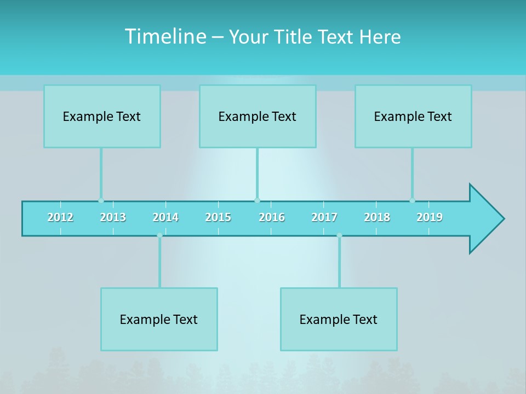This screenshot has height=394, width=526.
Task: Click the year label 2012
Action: click(60, 217)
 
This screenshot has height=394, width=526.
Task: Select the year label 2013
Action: click(113, 217)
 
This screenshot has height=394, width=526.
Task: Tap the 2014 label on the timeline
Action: click(165, 217)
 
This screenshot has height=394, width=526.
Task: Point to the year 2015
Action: click(218, 217)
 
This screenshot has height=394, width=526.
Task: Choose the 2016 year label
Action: click(272, 217)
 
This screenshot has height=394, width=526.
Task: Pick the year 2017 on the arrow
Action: click(324, 217)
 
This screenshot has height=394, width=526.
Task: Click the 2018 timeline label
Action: click(377, 217)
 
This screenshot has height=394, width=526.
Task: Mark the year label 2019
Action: click(430, 217)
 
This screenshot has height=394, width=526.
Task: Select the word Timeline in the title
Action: click(164, 37)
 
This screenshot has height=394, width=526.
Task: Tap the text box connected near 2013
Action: click(102, 116)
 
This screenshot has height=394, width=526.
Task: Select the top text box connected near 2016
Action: click(258, 116)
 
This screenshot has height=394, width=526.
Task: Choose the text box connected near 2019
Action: click(413, 116)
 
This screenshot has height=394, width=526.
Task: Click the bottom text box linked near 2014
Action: click(159, 319)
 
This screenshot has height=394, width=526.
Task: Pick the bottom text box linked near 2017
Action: click(339, 319)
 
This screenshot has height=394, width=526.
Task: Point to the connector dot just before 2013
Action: click(101, 200)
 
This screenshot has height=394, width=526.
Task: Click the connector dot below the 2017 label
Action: click(339, 235)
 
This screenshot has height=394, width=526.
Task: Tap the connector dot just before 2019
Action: click(412, 200)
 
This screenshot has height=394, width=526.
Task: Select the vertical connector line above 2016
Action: click(257, 172)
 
